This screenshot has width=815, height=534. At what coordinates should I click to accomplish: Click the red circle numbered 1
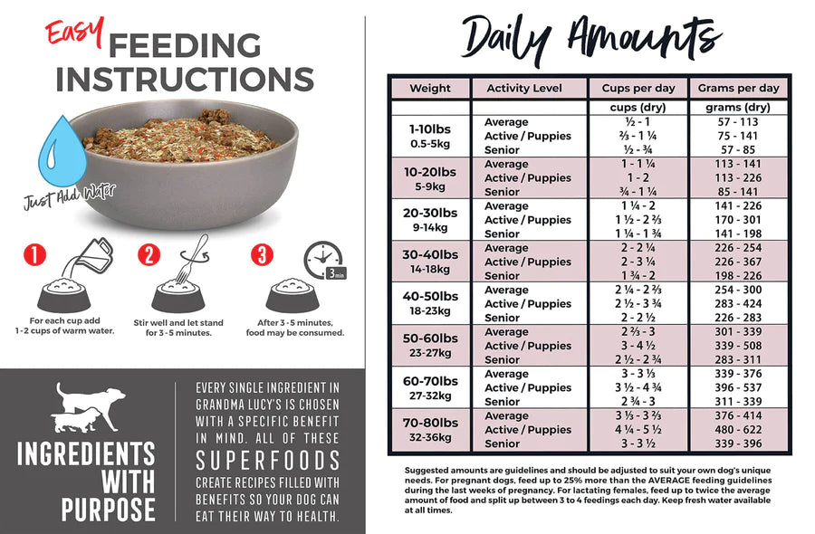point(34,255)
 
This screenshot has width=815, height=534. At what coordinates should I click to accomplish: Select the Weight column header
point(429,89)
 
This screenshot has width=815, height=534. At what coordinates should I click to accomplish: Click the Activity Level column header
point(523,89)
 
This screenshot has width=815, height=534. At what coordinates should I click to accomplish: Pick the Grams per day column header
point(738,89)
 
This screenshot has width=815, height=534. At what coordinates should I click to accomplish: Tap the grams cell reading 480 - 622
point(738,430)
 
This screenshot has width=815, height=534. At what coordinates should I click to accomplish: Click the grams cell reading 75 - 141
point(738,136)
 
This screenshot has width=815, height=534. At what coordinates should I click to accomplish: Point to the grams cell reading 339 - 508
point(738,346)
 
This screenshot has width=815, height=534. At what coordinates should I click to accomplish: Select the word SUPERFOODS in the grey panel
point(267,460)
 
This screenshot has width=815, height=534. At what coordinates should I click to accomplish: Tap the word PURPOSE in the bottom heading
point(109,510)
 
